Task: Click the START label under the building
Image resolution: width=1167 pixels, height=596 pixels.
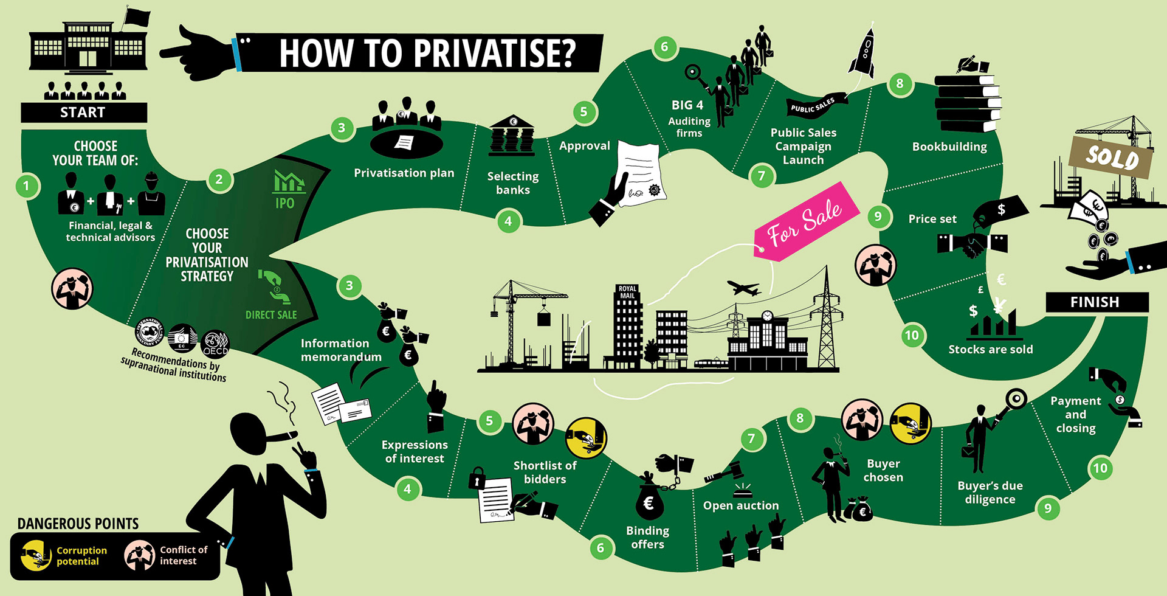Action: [x=83, y=113]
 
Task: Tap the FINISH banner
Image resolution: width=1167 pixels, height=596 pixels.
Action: [x=1096, y=302]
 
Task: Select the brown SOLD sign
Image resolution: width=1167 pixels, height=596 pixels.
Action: [x=1112, y=157]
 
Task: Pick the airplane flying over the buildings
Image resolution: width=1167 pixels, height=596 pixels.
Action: [x=743, y=288]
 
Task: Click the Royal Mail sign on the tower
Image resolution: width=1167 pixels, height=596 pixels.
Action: [x=627, y=293]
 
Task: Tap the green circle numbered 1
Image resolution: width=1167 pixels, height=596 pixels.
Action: [x=26, y=186]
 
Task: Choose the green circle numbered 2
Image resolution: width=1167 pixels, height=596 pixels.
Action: [x=219, y=179]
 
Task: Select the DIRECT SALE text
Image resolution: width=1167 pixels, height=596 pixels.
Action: [x=271, y=315]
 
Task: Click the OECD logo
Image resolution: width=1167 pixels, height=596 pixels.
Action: [x=215, y=344]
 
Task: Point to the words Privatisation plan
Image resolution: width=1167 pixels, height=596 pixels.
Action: [x=404, y=173]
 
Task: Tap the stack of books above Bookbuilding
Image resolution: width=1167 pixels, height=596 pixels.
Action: [x=967, y=102]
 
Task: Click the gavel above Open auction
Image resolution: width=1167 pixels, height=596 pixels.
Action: [x=725, y=472]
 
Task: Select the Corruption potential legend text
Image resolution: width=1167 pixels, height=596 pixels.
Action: [x=81, y=556]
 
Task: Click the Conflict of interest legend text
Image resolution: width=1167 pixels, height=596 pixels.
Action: [x=183, y=555]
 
